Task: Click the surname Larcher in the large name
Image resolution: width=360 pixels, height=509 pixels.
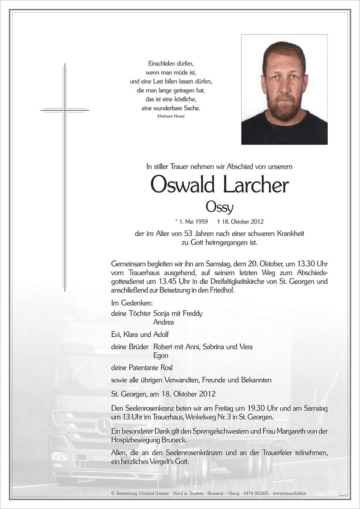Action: click(255, 186)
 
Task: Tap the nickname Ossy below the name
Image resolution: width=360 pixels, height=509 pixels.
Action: click(219, 207)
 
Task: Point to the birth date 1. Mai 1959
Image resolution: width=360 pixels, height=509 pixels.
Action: click(192, 221)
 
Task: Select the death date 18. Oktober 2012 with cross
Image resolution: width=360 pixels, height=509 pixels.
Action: click(240, 221)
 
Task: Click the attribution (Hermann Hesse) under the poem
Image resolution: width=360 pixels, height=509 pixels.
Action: click(171, 116)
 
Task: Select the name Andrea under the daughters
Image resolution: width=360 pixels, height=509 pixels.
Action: click(164, 322)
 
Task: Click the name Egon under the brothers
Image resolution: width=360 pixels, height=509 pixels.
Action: click(161, 355)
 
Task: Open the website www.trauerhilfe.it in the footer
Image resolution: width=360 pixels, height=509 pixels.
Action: click(289, 494)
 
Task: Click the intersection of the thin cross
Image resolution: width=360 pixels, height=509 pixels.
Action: click(65, 110)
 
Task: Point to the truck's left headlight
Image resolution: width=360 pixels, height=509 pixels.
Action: click(60, 457)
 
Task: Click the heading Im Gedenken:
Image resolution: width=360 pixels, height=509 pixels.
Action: click(132, 303)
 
